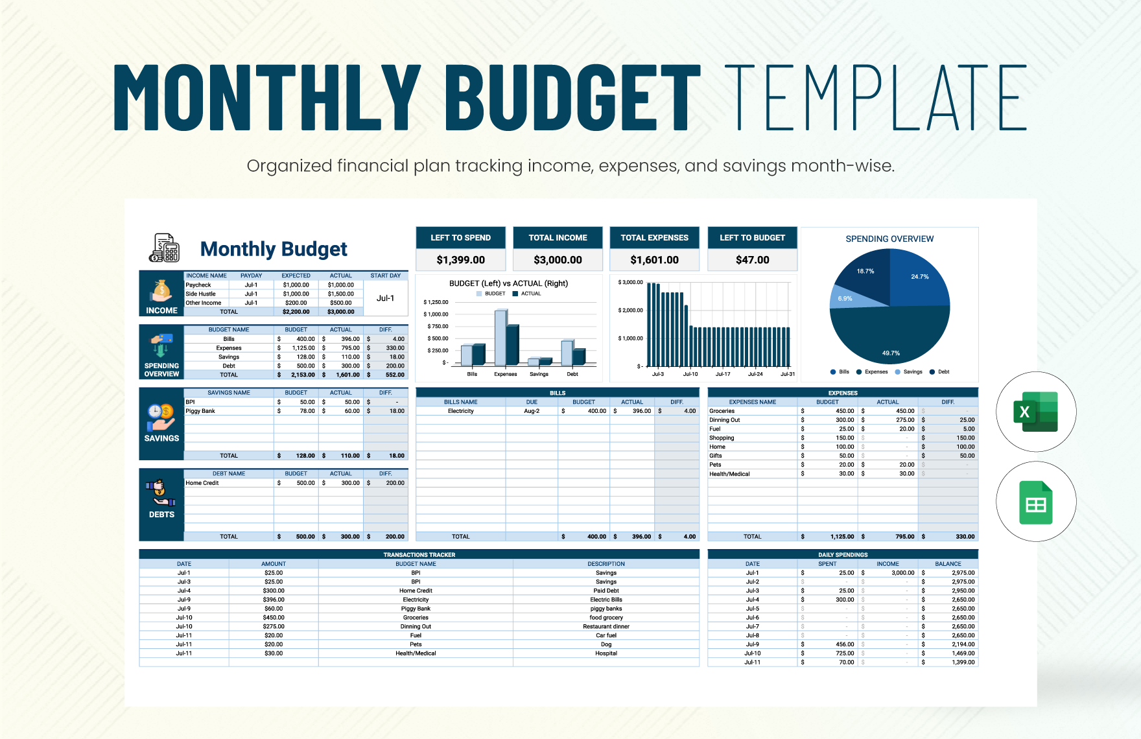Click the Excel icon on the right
tap(1035, 412)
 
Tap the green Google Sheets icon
tap(1035, 502)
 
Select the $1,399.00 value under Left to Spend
tap(460, 260)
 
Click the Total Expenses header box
tap(654, 238)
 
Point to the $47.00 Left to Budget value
tap(752, 260)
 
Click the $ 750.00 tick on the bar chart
tap(438, 326)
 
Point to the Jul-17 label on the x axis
tap(723, 374)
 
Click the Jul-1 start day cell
tap(385, 298)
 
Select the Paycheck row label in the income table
tap(198, 285)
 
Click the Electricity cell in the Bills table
tap(460, 411)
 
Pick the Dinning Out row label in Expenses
tap(725, 420)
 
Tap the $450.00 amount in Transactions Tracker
tap(274, 618)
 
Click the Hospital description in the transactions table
tap(606, 653)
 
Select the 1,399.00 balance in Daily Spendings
tap(963, 663)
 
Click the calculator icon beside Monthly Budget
tap(165, 248)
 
